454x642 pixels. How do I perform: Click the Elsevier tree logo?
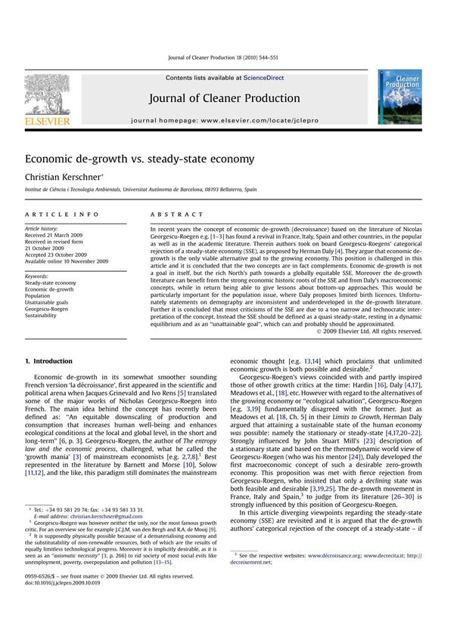[47, 98]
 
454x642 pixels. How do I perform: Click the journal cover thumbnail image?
[400, 99]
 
